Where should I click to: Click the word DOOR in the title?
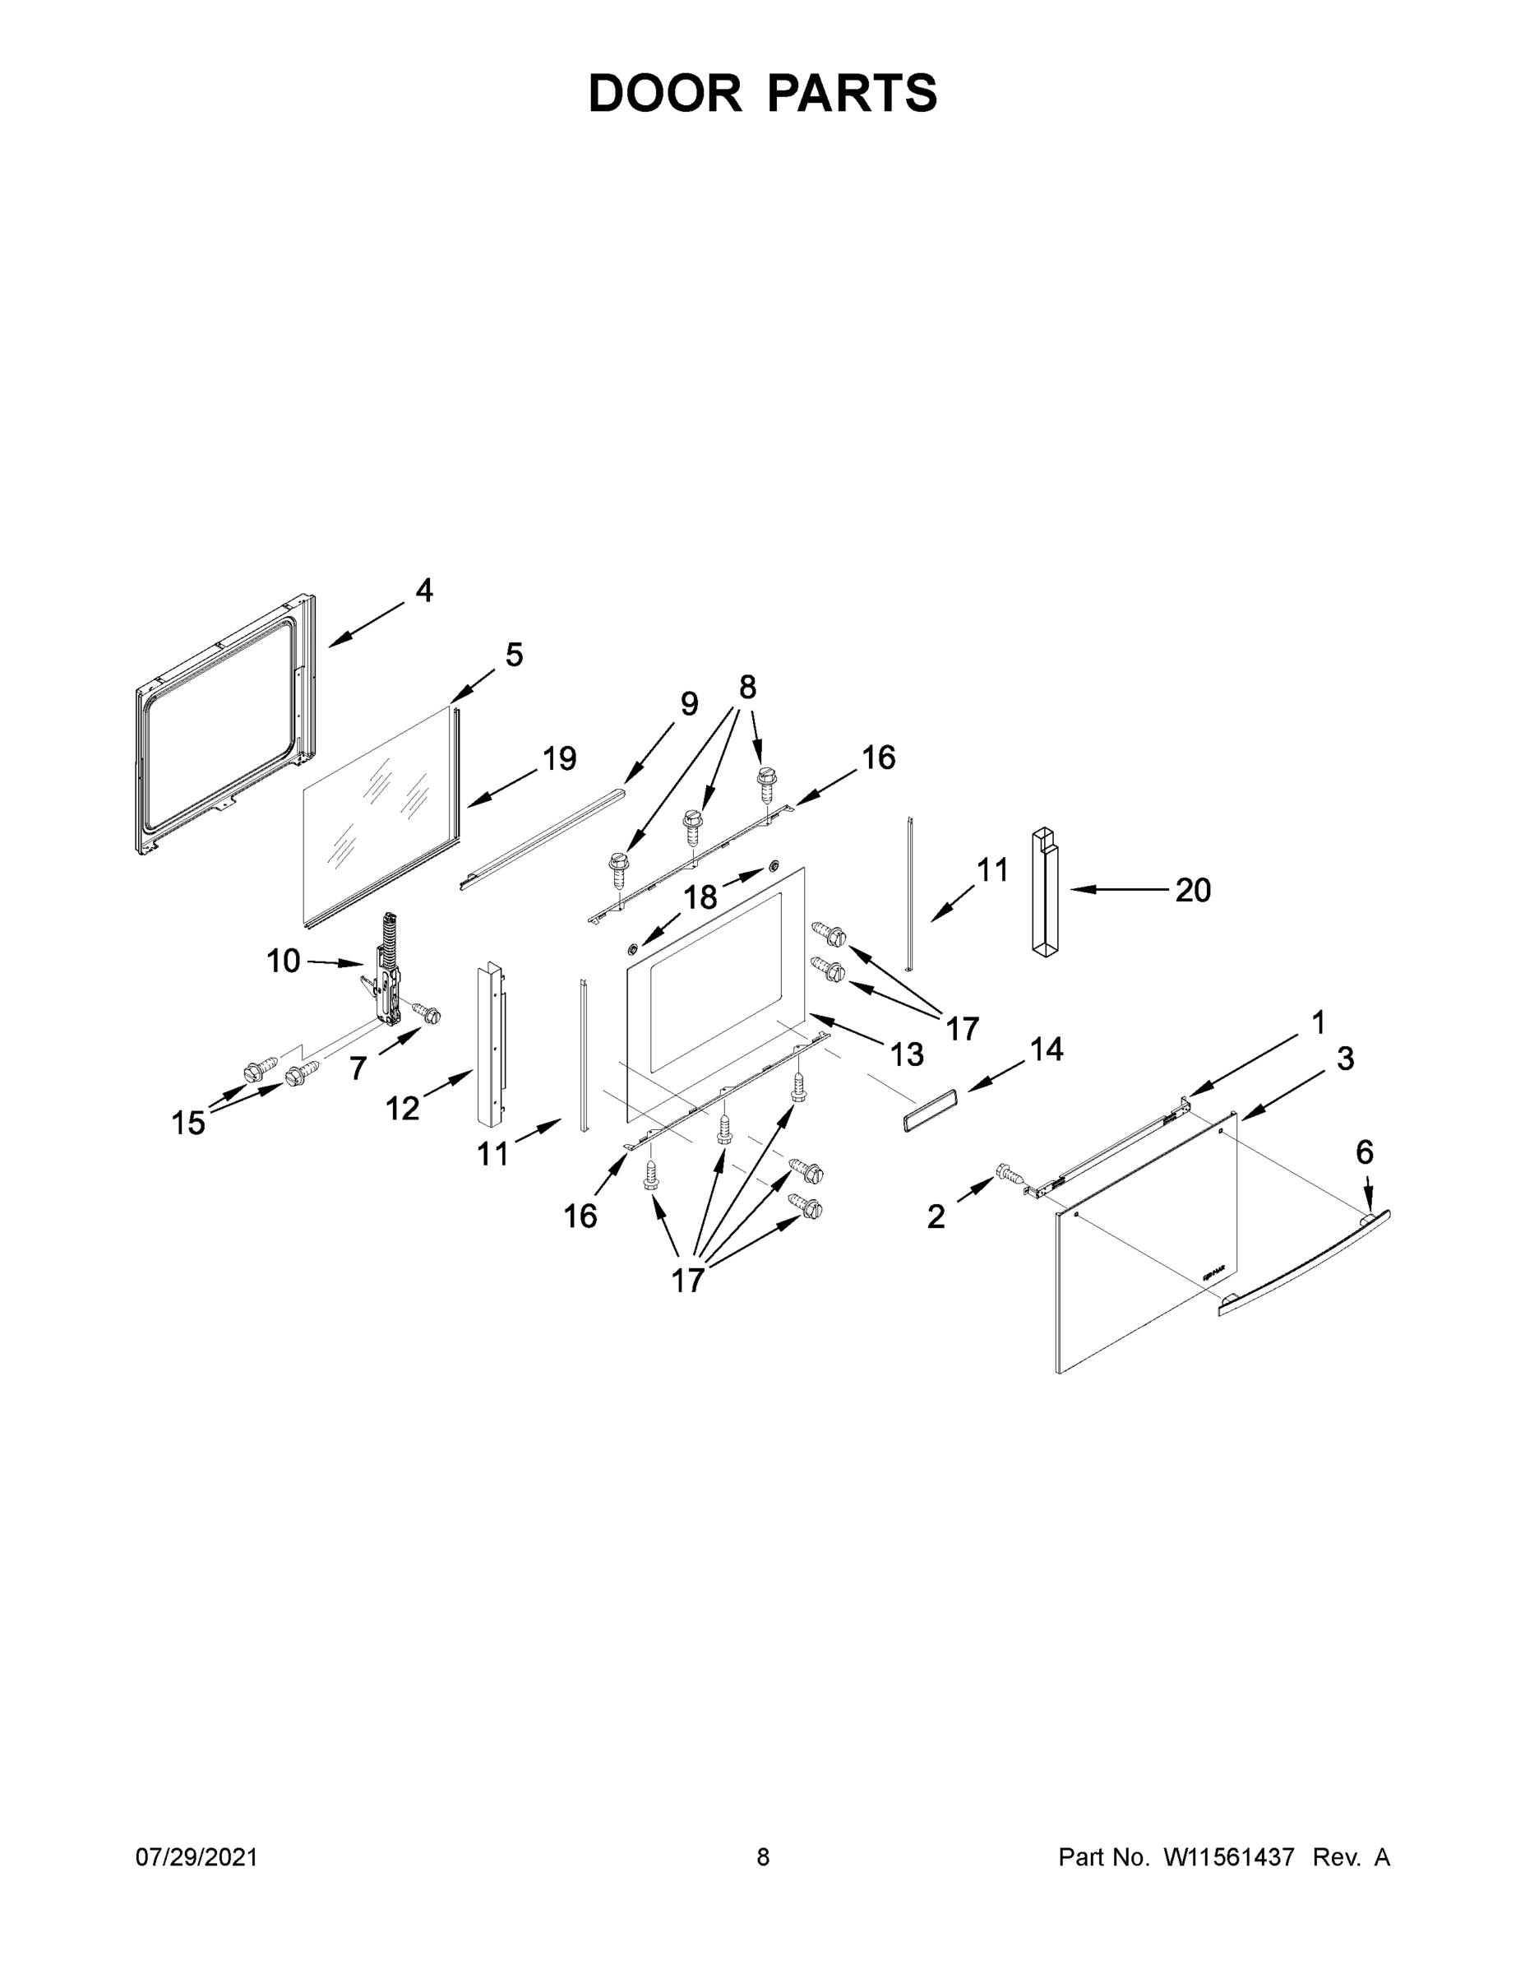665,93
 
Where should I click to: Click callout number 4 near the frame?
423,591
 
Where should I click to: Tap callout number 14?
1047,1050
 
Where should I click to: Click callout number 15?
188,1124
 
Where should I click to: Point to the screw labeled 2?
1010,1174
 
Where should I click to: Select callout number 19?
559,758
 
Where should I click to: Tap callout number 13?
906,1054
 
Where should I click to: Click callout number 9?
688,703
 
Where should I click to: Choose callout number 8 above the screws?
747,687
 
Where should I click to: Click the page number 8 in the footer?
763,1856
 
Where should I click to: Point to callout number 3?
1344,1059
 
